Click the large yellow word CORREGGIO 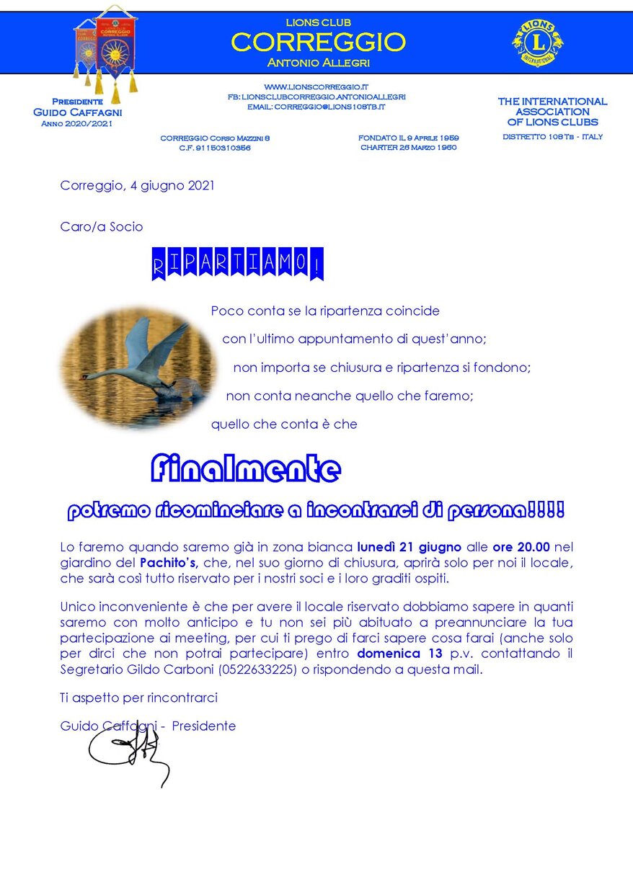pyautogui.click(x=318, y=43)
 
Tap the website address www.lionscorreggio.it pyautogui.click(x=316, y=86)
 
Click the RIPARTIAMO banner pyautogui.click(x=238, y=264)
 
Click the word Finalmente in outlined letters pyautogui.click(x=245, y=470)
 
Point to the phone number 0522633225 pyautogui.click(x=273, y=669)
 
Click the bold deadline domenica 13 pyautogui.click(x=399, y=655)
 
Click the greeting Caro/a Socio pyautogui.click(x=102, y=226)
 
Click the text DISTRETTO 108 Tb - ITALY pyautogui.click(x=552, y=137)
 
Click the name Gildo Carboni pyautogui.click(x=161, y=669)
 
